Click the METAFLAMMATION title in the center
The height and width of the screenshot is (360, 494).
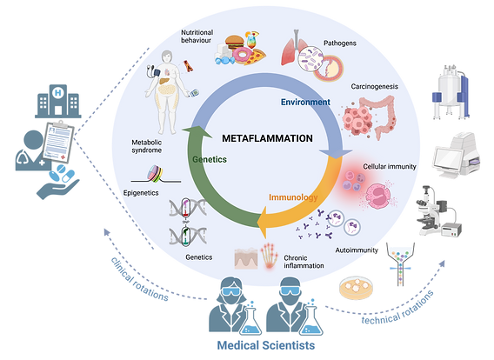[x=267, y=138]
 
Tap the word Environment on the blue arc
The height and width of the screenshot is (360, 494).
[x=305, y=102]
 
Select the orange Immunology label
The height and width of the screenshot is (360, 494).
[x=293, y=197]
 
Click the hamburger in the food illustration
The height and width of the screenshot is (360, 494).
[x=235, y=42]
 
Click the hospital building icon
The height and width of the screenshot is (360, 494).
[x=58, y=101]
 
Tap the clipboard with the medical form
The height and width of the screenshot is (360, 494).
[x=58, y=142]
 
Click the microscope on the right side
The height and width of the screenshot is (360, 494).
[x=439, y=210]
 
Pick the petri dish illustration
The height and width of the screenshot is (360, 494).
[x=356, y=288]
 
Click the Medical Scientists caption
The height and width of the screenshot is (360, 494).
[x=266, y=345]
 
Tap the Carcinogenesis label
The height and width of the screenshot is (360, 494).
[x=374, y=86]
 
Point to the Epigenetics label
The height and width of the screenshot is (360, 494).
[x=141, y=193]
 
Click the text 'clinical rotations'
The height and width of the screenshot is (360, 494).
[x=139, y=279]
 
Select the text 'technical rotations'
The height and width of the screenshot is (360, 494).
[x=397, y=309]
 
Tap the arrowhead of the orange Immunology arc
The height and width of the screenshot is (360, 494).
[x=262, y=222]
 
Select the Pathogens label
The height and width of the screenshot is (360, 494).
[x=340, y=43]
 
